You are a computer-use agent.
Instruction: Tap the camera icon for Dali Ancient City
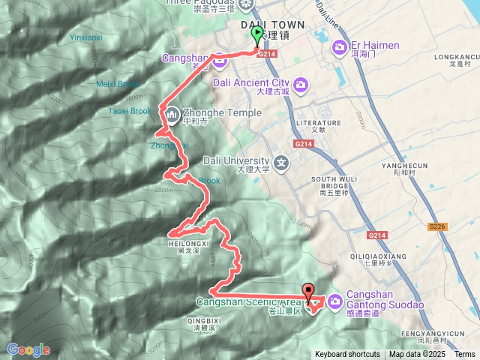click(301, 83)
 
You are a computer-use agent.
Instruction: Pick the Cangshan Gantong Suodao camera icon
click(334, 301)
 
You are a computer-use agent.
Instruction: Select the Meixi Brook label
click(118, 84)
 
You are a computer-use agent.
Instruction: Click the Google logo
click(28, 349)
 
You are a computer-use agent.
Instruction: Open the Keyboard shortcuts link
click(346, 355)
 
